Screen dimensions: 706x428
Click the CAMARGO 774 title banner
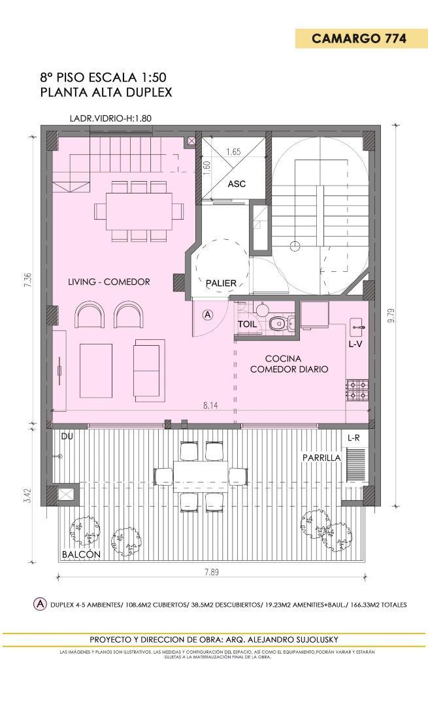(359, 39)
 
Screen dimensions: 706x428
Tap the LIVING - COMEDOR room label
(109, 282)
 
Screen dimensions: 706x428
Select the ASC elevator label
(237, 184)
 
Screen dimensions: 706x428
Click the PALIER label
(221, 283)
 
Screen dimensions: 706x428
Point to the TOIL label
(247, 324)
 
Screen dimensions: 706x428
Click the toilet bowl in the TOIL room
(277, 322)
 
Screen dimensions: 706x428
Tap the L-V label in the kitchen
(355, 343)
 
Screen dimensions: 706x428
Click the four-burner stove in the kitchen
(357, 390)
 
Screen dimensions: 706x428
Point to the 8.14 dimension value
(210, 405)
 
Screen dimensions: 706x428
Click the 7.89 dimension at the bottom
(211, 573)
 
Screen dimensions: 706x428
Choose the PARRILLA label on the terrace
(321, 458)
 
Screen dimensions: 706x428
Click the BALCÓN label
(81, 554)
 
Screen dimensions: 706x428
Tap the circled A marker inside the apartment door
(208, 314)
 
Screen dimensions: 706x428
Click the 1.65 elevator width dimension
(233, 152)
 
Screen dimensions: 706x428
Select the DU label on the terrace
(67, 436)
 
